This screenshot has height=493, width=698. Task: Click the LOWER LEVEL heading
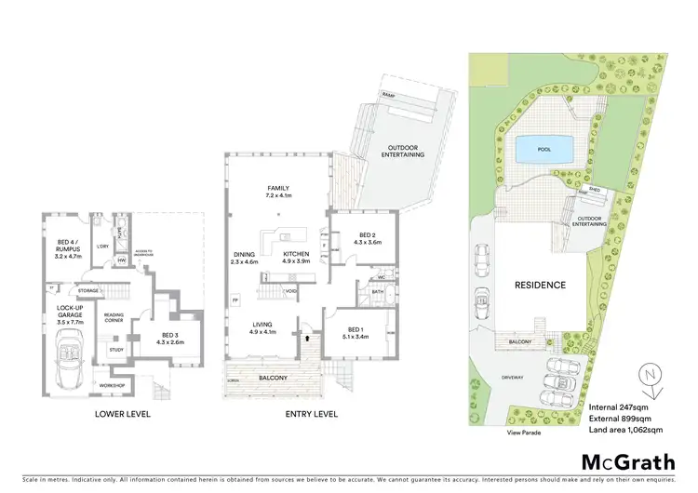point(121,414)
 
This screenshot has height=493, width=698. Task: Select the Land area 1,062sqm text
point(625,430)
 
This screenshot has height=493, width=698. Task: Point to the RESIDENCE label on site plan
point(540,286)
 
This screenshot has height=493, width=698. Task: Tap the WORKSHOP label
point(113,384)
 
